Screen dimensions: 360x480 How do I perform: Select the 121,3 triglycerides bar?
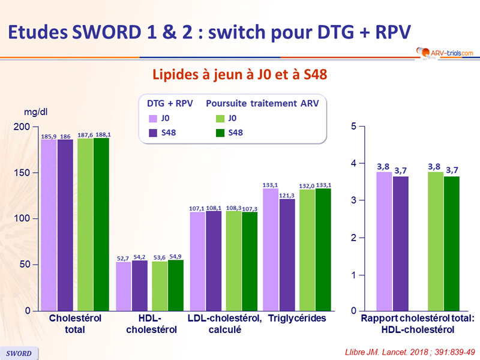287,254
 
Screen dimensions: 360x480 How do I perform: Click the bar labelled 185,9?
49,225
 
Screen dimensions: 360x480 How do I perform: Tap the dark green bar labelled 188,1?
101,224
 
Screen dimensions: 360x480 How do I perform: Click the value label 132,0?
307,187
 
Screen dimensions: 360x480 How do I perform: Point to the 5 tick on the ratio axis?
354,127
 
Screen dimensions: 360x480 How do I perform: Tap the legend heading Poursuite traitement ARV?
262,103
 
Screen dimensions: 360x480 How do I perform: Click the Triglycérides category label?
297,319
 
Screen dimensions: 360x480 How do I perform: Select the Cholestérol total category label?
75,324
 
